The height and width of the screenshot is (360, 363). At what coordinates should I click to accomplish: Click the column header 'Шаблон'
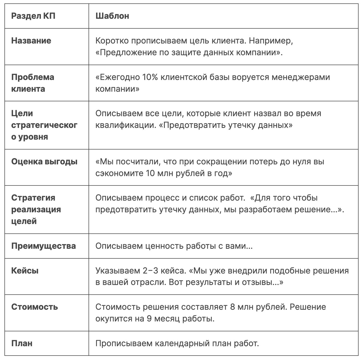[x=112, y=16]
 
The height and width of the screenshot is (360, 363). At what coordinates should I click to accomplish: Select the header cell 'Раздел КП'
[x=33, y=16]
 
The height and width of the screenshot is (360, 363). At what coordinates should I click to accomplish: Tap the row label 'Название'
[x=31, y=41]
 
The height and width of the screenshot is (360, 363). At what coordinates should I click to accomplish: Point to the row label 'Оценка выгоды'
[x=44, y=162]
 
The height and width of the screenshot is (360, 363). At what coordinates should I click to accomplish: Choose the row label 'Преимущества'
[x=43, y=246]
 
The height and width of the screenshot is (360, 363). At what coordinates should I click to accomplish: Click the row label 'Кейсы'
[x=25, y=271]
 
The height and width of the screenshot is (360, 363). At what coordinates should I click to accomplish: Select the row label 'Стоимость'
[x=34, y=307]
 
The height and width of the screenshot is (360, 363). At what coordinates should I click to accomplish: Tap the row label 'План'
[x=22, y=343]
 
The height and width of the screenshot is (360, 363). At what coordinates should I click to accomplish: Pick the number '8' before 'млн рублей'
[x=233, y=307]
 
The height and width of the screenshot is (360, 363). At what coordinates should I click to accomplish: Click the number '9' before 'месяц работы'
[x=149, y=319]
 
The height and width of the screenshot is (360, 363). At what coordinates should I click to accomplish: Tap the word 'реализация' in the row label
[x=36, y=209]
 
